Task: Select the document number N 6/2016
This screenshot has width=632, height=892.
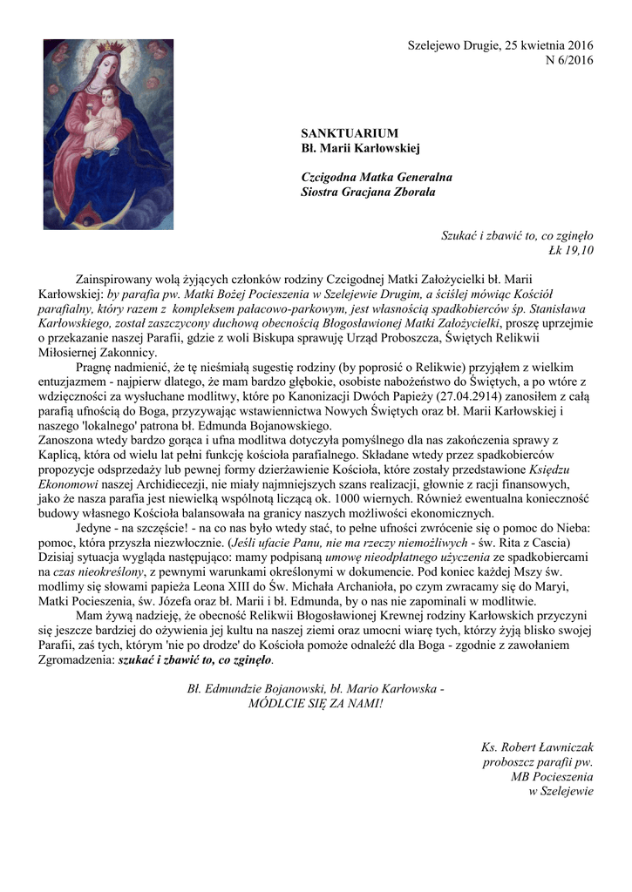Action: pyautogui.click(x=568, y=60)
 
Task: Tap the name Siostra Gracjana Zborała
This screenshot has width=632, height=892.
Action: pyautogui.click(x=368, y=192)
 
